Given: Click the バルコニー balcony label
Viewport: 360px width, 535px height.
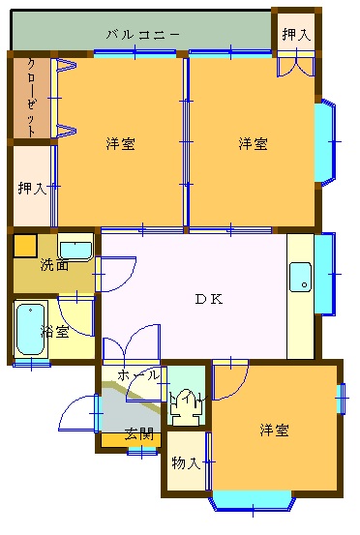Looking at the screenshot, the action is coord(143,35).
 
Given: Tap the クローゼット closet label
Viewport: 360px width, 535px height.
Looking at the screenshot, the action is coord(31,98).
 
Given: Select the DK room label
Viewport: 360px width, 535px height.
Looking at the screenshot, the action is coord(209,299).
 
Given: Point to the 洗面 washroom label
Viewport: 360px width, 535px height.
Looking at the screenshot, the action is coord(54,264).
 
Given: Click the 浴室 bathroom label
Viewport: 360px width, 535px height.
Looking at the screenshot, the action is coord(54,331).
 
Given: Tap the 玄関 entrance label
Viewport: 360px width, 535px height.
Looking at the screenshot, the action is coord(139,434).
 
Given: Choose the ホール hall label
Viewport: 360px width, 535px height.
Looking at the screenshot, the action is coord(138,375).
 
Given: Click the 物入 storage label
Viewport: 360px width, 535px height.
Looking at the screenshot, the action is coord(186,463).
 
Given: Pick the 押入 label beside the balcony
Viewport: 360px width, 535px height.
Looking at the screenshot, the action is coord(296,34).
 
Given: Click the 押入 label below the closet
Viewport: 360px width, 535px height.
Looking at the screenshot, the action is coord(32,188).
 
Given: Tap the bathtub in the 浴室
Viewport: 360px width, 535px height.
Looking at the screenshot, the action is coord(30,329).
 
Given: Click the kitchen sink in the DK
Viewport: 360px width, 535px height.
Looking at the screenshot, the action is coord(300,277).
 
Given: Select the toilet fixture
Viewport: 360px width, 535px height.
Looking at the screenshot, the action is coord(186,406).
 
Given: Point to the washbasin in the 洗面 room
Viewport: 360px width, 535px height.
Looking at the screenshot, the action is coord(75,247).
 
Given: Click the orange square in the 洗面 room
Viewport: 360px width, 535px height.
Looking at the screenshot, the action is coord(25,246).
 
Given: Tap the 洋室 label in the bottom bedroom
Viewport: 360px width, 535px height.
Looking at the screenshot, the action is coord(274,430).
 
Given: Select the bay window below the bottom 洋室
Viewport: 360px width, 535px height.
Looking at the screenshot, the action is coord(253,501).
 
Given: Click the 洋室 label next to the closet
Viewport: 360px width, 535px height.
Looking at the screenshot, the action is coord(120,143).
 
